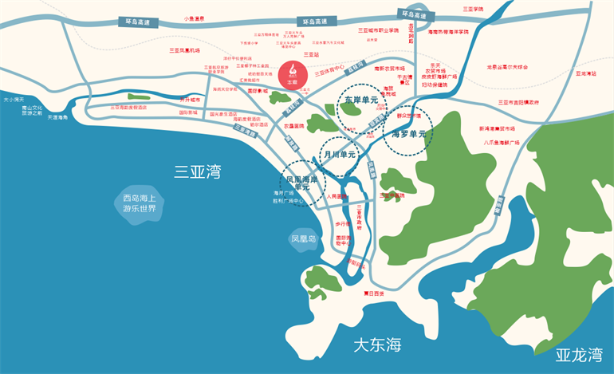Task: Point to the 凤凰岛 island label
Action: click(304, 238)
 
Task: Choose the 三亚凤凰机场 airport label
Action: click(184, 50)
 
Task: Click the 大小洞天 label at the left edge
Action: click(14, 100)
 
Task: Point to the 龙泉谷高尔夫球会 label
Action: click(508, 68)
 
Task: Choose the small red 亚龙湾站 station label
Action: click(585, 73)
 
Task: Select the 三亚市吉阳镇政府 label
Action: click(518, 102)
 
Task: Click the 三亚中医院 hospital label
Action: click(392, 195)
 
